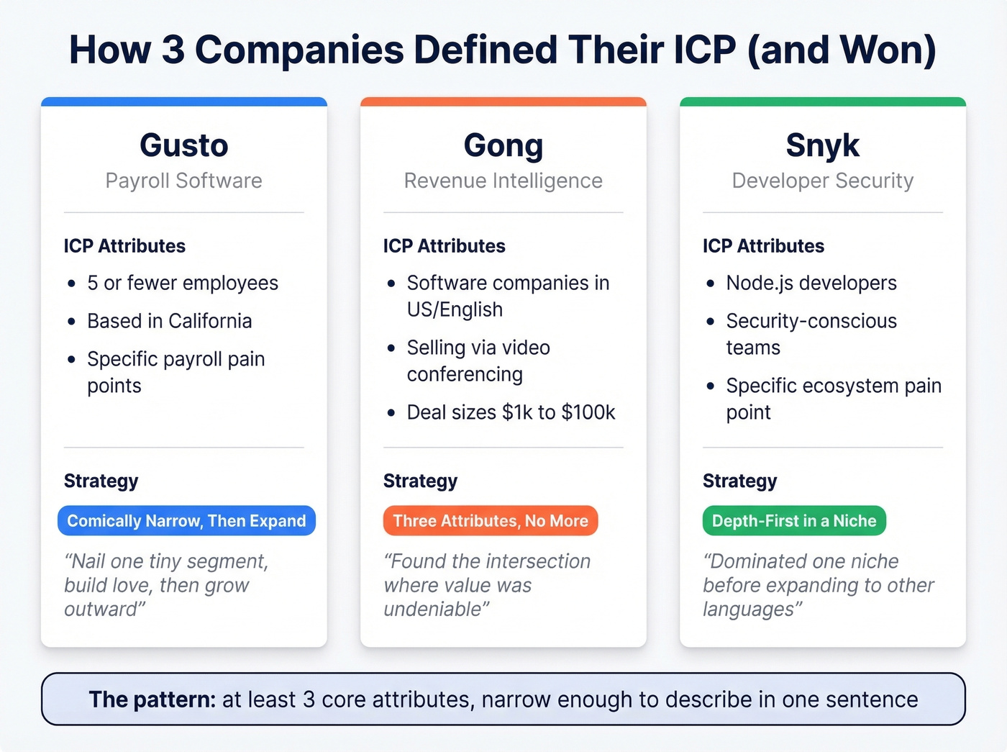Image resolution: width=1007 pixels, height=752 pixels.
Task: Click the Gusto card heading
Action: pyautogui.click(x=184, y=145)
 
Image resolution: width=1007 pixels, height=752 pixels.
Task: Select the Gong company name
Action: pyautogui.click(x=503, y=145)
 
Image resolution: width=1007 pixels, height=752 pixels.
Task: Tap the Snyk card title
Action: pyautogui.click(x=822, y=145)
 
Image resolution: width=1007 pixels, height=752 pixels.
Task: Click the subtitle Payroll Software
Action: pyautogui.click(x=184, y=181)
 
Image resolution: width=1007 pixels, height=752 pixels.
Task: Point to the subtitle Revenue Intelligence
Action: pyautogui.click(x=503, y=181)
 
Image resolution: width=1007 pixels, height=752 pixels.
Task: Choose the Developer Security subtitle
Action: pyautogui.click(x=822, y=181)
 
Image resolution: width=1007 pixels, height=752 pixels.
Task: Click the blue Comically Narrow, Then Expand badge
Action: pyautogui.click(x=186, y=520)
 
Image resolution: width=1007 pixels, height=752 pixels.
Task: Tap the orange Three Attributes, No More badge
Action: pyautogui.click(x=491, y=520)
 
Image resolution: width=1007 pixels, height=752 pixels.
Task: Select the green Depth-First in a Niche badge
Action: pyautogui.click(x=794, y=520)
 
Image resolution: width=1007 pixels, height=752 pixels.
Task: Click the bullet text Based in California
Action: pyautogui.click(x=170, y=321)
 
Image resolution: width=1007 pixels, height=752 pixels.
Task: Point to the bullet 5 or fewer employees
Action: pyautogui.click(x=183, y=283)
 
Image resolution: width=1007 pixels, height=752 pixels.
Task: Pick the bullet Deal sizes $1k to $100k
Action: pyautogui.click(x=511, y=412)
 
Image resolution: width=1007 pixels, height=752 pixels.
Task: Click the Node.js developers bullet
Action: pyautogui.click(x=811, y=283)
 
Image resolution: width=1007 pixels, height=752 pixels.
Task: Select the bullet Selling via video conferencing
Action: pyautogui.click(x=478, y=361)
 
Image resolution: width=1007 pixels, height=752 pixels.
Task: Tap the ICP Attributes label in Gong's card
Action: pyautogui.click(x=445, y=246)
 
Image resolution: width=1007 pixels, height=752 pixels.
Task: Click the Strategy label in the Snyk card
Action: pyautogui.click(x=740, y=481)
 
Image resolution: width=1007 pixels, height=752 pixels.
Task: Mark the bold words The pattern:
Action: pyautogui.click(x=152, y=699)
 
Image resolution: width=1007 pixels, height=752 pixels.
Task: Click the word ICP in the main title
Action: pyautogui.click(x=704, y=50)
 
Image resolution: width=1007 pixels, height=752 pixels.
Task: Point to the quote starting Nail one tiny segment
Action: pyautogui.click(x=166, y=585)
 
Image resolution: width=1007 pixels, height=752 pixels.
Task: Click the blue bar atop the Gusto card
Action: pyautogui.click(x=184, y=101)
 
